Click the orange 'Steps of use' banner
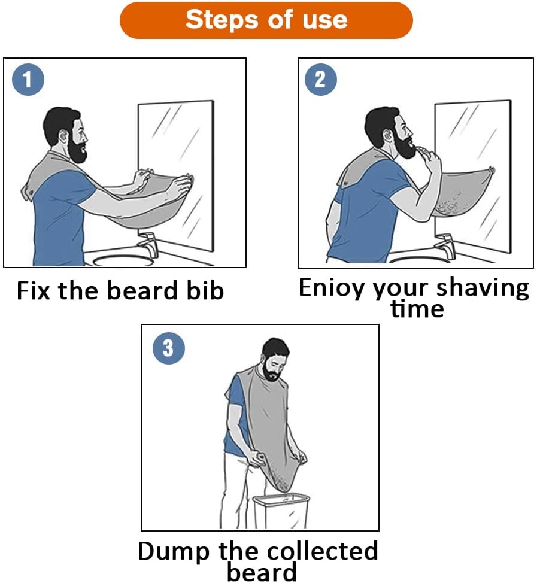[x=266, y=20]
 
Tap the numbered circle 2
[x=321, y=80]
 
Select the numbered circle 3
[x=168, y=347]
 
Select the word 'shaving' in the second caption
[x=482, y=289]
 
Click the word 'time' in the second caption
[x=417, y=309]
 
